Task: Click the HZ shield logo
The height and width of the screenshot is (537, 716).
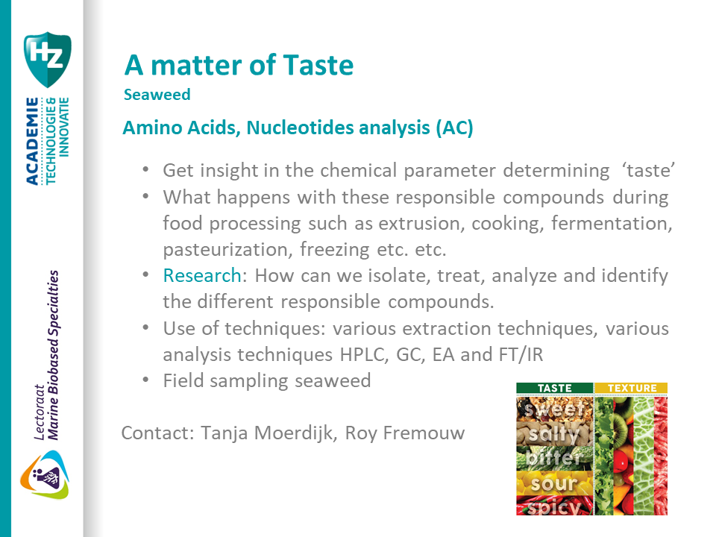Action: tap(47, 60)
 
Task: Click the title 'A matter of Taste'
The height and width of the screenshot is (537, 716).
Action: tap(239, 66)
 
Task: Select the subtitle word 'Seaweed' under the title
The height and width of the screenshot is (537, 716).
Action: tap(157, 95)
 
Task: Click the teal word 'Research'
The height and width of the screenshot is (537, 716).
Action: tap(202, 275)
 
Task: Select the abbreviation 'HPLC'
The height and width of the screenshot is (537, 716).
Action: tap(365, 354)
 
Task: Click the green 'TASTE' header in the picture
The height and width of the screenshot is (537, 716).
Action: tap(554, 388)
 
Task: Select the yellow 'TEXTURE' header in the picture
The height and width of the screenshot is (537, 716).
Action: tap(632, 388)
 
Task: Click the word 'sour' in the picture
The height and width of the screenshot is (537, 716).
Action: tap(554, 484)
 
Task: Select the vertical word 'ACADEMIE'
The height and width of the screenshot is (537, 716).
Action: tap(32, 141)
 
